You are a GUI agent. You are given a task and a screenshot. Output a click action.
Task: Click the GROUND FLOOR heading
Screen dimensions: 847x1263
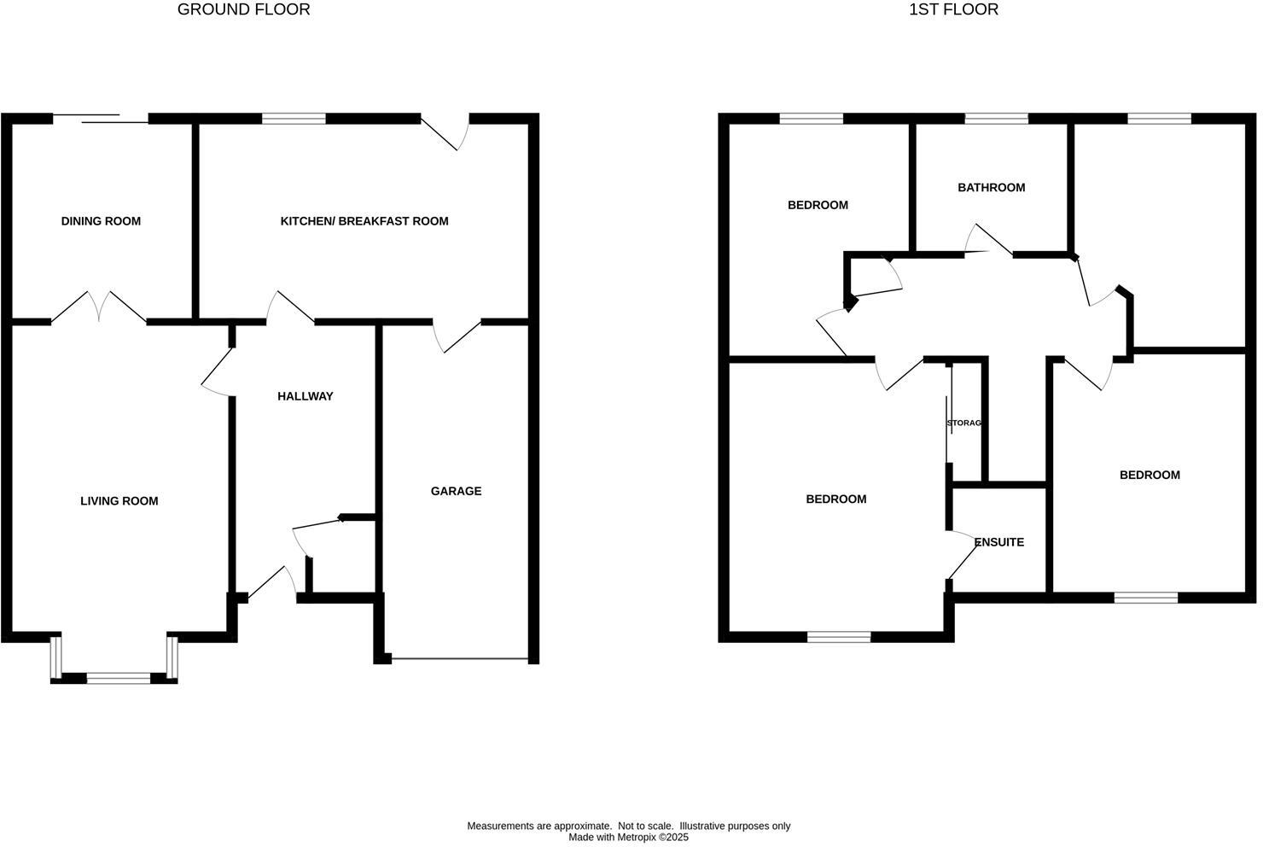(243, 10)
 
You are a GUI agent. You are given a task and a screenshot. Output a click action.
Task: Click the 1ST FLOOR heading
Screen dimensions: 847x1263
(953, 10)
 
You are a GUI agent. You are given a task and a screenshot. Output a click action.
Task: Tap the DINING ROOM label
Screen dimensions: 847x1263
(101, 221)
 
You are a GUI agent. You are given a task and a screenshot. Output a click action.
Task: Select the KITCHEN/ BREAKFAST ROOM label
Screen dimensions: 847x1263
(364, 221)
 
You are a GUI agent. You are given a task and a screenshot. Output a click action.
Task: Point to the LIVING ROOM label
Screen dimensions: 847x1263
(119, 501)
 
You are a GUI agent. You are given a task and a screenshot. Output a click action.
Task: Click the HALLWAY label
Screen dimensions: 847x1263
(305, 396)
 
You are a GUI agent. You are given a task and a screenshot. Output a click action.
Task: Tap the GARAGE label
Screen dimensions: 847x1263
(456, 491)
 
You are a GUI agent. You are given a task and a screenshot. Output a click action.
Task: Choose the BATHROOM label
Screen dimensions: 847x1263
(991, 188)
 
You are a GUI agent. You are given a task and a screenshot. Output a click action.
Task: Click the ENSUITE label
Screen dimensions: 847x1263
(998, 542)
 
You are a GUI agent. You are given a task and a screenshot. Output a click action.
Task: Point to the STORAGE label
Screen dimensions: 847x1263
(964, 423)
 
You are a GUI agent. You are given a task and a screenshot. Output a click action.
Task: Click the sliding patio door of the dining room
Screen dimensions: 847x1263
(101, 119)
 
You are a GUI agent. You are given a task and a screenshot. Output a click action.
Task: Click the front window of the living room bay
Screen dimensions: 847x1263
(119, 679)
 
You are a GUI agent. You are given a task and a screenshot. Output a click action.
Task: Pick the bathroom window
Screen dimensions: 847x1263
(996, 119)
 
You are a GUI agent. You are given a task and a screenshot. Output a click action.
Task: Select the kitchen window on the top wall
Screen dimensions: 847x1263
(294, 119)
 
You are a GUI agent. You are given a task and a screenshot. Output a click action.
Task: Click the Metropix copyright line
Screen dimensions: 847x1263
(628, 838)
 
